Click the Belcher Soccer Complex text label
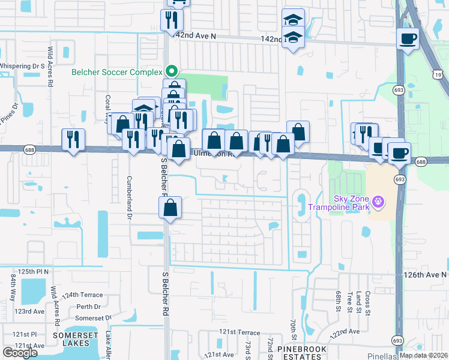[x=117, y=72]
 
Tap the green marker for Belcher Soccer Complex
[x=172, y=71]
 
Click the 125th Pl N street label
[x=33, y=271]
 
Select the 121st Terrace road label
[x=240, y=332]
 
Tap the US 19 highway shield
[x=440, y=74]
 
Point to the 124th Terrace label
[x=81, y=295]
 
